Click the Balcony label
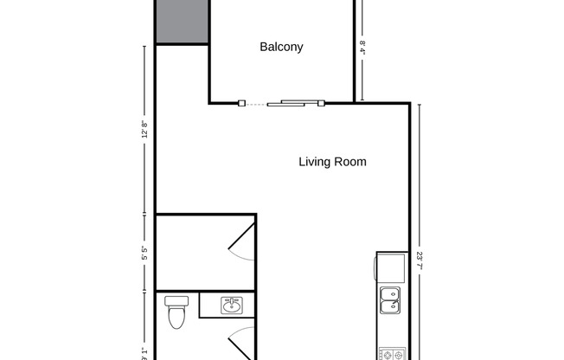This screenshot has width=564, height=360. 281,48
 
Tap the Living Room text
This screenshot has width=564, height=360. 332,162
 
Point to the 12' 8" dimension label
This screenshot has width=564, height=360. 144,129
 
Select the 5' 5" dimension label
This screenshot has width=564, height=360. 144,254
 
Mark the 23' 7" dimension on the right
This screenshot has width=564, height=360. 419,260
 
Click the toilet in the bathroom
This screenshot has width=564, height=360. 176,313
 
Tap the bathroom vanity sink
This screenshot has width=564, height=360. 231,305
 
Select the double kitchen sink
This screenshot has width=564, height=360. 390,299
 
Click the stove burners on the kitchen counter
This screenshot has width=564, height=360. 390,354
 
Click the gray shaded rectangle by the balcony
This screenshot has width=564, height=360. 182,21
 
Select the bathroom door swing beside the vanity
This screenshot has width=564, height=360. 242,342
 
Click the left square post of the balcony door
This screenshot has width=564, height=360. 240,104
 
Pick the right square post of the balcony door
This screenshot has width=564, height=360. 320,104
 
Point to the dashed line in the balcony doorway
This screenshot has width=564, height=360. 256,104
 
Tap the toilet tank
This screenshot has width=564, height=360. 176,300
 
